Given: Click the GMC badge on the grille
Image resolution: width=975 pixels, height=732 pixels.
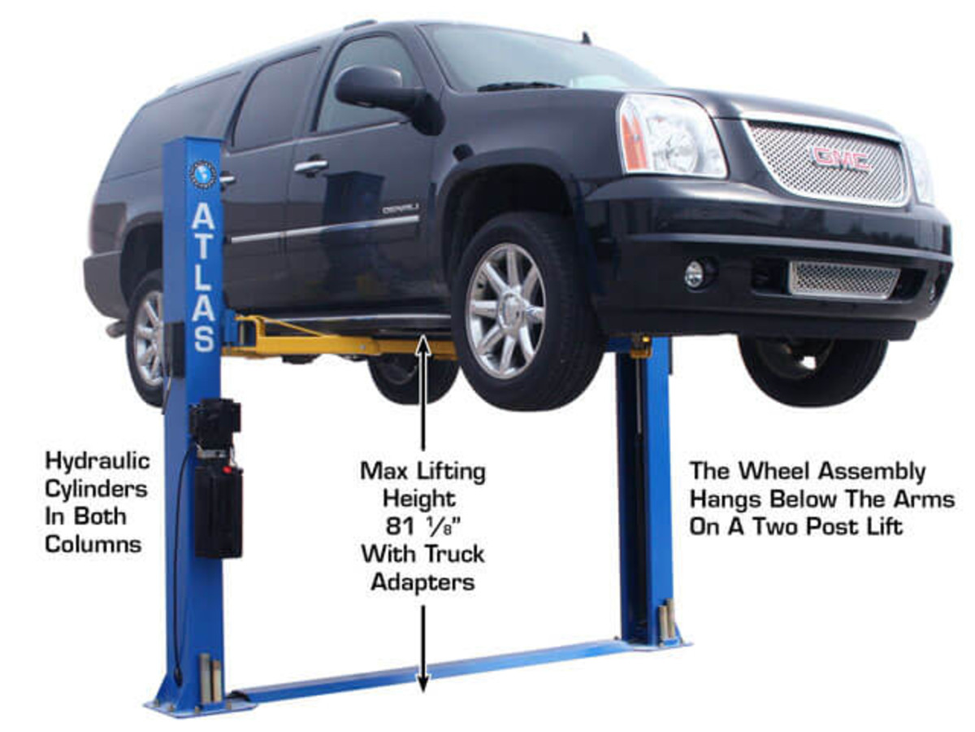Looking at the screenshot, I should point(840,158).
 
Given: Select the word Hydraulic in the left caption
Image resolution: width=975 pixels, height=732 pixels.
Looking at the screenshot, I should point(97,461).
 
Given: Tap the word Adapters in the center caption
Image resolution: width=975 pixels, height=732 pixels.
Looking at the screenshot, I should point(422,582).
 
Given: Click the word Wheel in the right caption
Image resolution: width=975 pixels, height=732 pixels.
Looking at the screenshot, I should point(789,472).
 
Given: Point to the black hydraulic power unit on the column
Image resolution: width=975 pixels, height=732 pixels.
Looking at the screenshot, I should point(216,480).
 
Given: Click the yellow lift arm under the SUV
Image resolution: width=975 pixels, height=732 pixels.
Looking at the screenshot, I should point(341,344).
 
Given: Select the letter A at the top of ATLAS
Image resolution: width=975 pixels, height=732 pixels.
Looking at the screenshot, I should point(202,217).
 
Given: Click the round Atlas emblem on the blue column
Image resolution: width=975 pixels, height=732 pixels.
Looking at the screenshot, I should point(201,174).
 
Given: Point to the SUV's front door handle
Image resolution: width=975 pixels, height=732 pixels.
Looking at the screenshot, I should point(310,167).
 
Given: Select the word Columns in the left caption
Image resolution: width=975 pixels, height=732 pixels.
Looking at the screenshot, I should point(93,544).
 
